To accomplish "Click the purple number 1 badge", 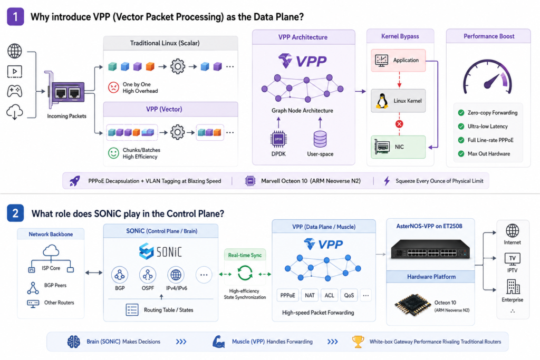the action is (15, 17).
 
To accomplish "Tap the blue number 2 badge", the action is (15, 213).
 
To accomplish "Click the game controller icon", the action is (14, 91).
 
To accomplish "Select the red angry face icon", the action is (113, 87).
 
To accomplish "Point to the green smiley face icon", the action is (113, 153).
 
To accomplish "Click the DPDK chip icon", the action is (278, 139).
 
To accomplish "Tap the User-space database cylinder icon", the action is (320, 139).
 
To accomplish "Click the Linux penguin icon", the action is (381, 101).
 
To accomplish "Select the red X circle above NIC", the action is (399, 124).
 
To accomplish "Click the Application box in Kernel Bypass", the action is (399, 60).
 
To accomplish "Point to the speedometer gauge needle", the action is (492, 81).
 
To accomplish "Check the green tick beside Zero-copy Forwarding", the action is (461, 113).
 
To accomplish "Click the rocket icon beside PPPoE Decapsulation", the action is (75, 181).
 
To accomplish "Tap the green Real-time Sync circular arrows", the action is (245, 274).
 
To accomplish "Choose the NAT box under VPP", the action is (310, 295).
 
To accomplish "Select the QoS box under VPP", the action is (349, 295).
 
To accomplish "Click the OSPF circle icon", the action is (148, 275).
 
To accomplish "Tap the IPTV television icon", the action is (513, 259).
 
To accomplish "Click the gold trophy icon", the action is (358, 342).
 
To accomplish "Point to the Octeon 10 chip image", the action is (412, 305).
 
